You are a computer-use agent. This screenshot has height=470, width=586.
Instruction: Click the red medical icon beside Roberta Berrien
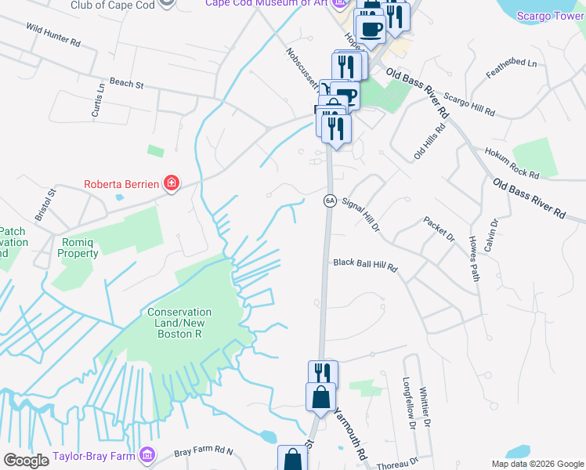click(x=171, y=185)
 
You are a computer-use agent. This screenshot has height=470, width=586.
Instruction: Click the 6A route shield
click(x=329, y=201)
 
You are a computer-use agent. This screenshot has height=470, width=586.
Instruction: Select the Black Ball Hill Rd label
click(x=366, y=266)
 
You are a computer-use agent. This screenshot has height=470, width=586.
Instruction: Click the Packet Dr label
click(x=439, y=230)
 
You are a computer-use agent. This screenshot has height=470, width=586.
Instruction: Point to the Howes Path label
click(x=473, y=258)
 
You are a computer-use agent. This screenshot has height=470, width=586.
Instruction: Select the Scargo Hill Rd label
click(x=470, y=101)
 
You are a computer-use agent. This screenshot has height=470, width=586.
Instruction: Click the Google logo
click(x=26, y=460)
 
